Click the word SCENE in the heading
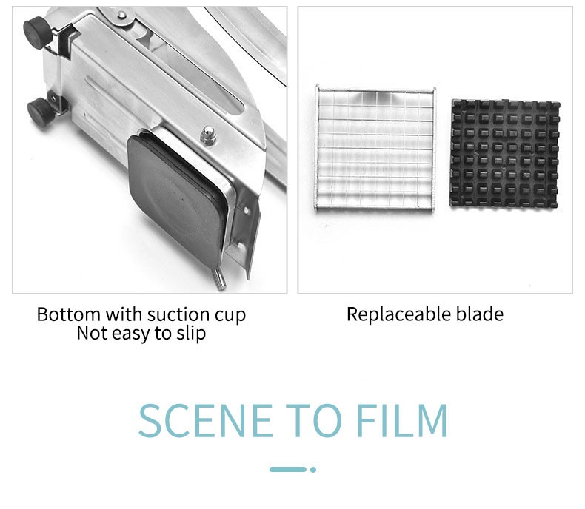click(x=206, y=420)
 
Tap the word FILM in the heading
click(x=402, y=420)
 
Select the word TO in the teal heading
click(x=314, y=420)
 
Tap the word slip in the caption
click(x=191, y=333)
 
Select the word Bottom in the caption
click(x=69, y=314)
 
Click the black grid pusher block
click(x=505, y=154)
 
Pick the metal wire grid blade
click(x=375, y=148)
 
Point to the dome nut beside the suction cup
click(x=208, y=135)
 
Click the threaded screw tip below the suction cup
click(x=219, y=279)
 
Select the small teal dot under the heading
click(x=313, y=470)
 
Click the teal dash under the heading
click(x=288, y=470)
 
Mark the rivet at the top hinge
click(x=122, y=16)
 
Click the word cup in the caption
click(x=230, y=317)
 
